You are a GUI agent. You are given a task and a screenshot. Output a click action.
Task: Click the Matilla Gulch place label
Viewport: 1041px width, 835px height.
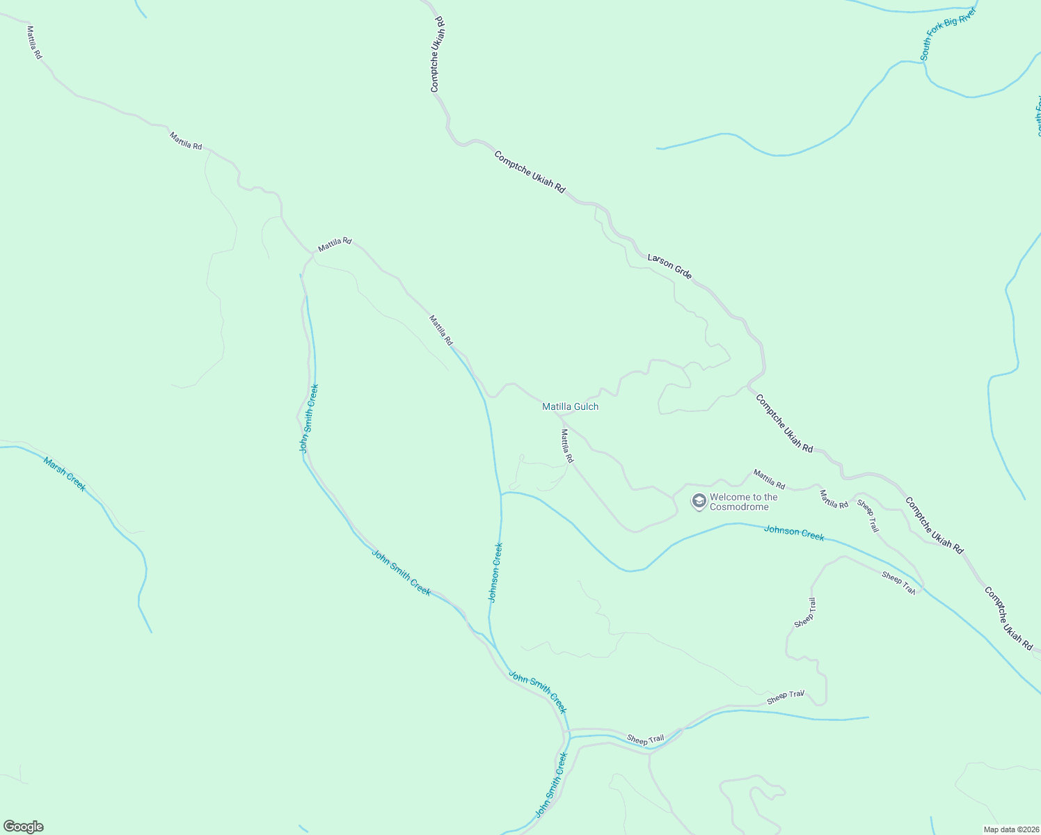570,406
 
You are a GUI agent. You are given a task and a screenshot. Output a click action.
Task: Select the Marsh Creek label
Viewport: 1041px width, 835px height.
65,474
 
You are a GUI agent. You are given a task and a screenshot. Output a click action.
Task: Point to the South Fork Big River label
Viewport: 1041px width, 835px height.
948,33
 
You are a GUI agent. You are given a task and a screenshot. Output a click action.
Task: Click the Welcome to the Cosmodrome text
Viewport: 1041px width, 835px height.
743,502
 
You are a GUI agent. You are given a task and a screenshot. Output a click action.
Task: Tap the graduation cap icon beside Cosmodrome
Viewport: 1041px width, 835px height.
699,501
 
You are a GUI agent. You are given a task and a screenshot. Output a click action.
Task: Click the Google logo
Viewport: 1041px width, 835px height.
24,827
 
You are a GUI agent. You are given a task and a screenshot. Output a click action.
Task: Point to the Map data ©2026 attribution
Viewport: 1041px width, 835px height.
1010,829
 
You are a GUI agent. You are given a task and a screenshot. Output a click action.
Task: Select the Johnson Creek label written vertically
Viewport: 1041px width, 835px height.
495,573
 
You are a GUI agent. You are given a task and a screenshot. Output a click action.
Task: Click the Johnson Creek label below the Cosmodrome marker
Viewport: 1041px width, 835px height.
794,533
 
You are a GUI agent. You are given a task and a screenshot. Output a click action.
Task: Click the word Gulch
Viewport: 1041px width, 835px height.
586,406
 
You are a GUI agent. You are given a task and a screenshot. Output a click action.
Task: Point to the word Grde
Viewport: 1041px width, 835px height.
683,273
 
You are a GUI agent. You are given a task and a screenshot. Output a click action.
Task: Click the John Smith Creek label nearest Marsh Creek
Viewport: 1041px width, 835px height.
309,418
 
